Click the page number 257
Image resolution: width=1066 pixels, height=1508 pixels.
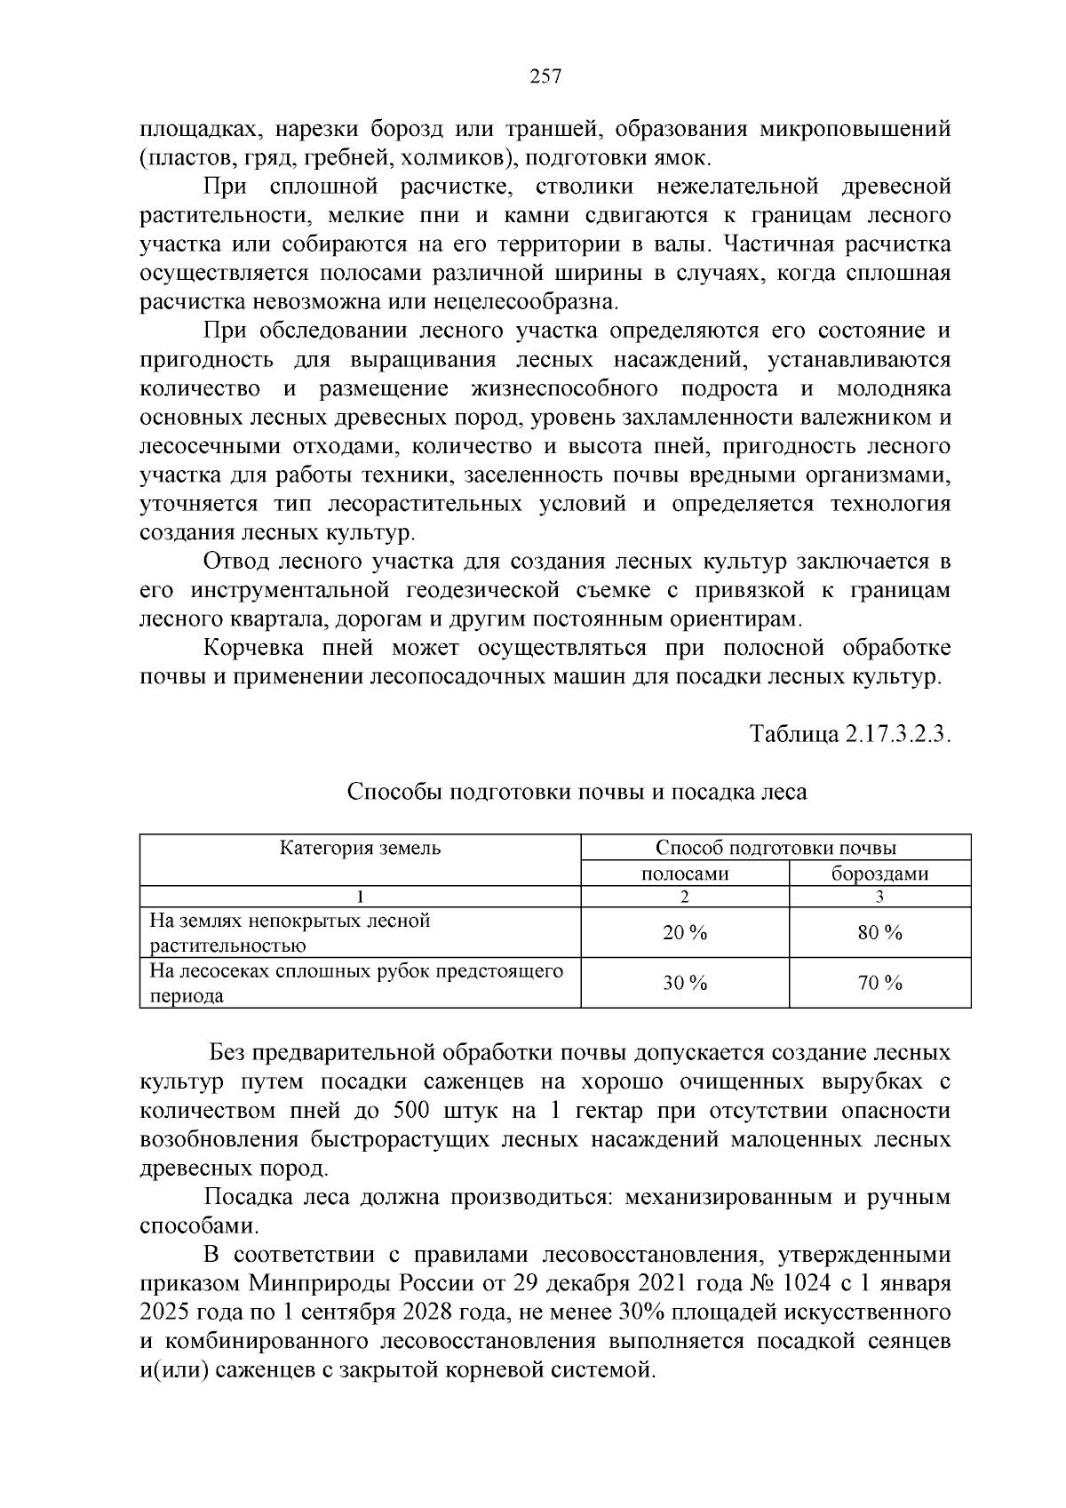point(545,76)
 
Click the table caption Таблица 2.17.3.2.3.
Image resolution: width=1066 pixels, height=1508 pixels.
point(850,735)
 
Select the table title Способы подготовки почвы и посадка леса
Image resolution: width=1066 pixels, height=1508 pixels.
point(577,792)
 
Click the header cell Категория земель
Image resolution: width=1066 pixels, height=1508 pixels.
point(361,848)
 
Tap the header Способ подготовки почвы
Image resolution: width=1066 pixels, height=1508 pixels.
point(776,848)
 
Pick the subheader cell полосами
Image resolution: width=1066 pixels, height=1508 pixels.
point(685,874)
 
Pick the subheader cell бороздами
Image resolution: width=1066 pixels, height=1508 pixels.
point(879,874)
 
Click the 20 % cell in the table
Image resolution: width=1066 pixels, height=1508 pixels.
point(685,933)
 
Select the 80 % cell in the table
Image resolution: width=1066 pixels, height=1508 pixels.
point(879,933)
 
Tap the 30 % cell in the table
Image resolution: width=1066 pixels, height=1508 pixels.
point(685,983)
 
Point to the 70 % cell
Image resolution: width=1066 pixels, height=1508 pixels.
point(879,983)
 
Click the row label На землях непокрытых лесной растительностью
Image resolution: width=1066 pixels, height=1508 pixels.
point(290,933)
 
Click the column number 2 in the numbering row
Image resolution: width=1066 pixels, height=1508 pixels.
point(685,897)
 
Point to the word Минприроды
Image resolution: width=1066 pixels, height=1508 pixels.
point(306,1284)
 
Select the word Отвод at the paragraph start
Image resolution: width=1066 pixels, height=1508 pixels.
point(234,562)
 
